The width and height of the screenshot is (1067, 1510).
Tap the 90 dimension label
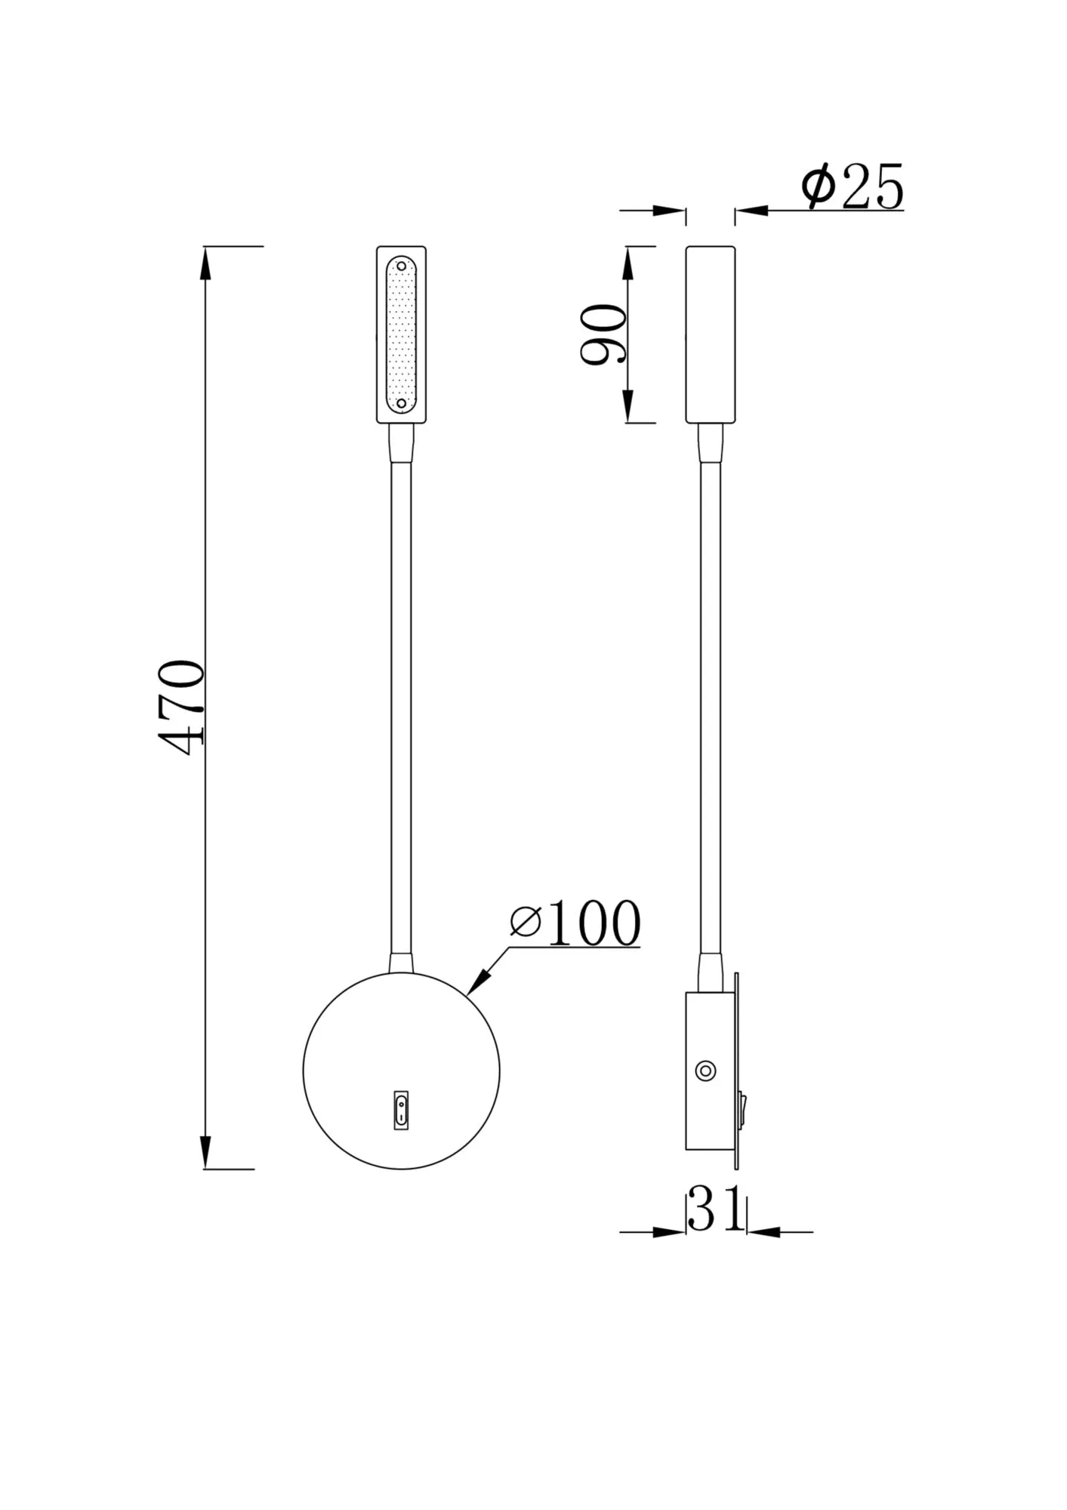pos(604,334)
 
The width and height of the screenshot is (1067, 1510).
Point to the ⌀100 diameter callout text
pos(575,923)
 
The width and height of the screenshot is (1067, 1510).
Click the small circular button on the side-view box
pos(705,1071)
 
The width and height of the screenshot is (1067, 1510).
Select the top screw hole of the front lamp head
pos(401,266)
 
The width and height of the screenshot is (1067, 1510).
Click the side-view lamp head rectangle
pos(710,334)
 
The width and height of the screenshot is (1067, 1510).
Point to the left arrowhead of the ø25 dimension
pos(671,211)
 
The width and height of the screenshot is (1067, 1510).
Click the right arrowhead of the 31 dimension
pos(763,1232)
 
